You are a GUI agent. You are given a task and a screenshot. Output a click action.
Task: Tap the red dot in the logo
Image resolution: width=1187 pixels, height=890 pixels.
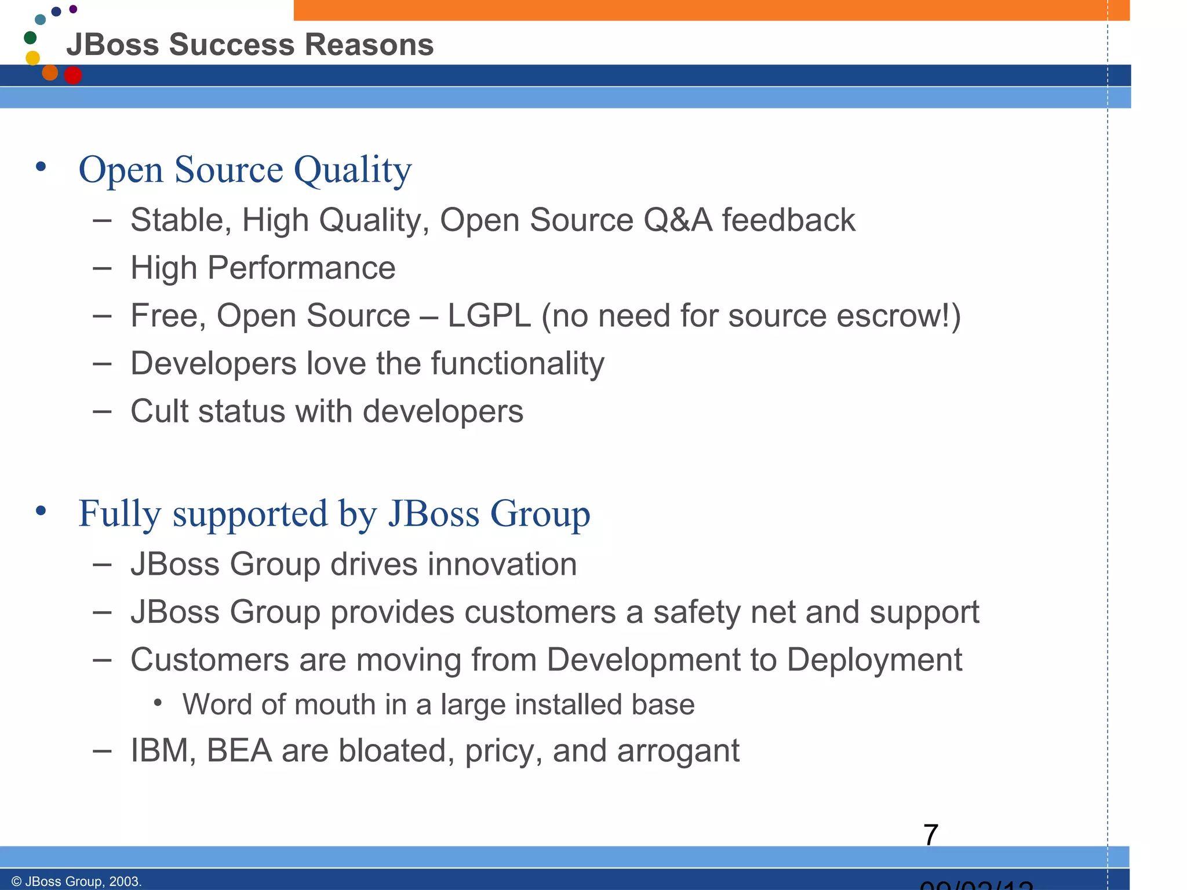[72, 75]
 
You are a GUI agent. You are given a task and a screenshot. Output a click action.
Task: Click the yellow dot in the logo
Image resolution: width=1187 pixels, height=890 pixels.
[33, 58]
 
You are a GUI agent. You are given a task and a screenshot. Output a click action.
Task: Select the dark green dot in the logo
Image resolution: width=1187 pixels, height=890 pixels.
[30, 38]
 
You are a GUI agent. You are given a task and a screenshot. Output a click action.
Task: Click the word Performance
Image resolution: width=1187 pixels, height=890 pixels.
[301, 268]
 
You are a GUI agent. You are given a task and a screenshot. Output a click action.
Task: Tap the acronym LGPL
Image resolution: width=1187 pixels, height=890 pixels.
[489, 316]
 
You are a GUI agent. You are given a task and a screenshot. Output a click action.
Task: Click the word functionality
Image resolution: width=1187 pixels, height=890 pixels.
[518, 364]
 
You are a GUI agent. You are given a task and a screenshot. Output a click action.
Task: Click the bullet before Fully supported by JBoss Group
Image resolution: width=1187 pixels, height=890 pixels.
[41, 511]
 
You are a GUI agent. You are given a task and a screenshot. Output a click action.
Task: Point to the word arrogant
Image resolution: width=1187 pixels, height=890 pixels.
[678, 751]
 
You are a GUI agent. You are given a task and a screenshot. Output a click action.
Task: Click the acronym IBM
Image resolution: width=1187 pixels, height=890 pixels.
[163, 751]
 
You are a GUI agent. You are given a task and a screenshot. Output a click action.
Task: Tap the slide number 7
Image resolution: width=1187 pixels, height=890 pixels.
[930, 835]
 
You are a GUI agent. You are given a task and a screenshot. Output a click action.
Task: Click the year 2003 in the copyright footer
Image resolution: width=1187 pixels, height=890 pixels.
[124, 881]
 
